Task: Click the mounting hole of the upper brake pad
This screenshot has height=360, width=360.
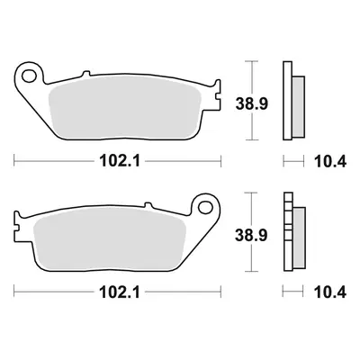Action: pos(29,76)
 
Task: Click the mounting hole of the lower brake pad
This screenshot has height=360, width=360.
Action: pos(205,207)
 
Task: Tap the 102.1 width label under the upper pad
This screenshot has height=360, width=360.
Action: pos(120,162)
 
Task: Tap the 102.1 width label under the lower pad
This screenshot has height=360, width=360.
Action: pos(120,292)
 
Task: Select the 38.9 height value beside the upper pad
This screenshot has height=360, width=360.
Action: pos(251,104)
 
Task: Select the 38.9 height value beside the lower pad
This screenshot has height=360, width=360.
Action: pos(251,236)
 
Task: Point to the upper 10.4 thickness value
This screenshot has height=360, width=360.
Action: pos(330,162)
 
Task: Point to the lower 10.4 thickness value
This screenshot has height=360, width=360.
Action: pos(330,292)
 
